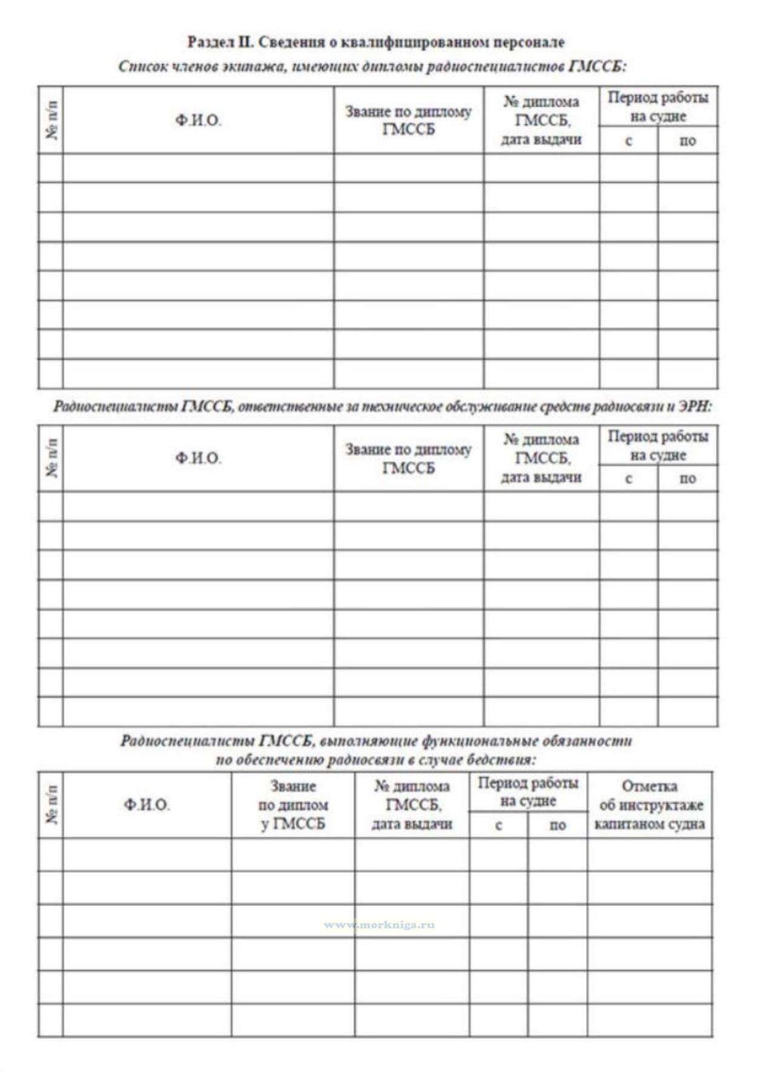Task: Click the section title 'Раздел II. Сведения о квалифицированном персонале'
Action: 375,42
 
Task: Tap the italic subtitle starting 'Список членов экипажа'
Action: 372,66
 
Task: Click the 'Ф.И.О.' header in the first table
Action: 198,121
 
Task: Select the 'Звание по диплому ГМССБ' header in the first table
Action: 408,121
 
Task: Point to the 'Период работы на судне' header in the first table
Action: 658,107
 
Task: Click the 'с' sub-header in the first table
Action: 629,141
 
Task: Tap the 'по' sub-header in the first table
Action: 687,141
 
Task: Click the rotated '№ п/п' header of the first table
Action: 51,120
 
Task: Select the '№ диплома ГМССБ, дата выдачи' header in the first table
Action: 541,121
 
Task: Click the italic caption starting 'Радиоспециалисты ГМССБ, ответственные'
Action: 382,406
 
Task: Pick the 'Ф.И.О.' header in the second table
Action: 198,458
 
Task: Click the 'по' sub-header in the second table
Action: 687,479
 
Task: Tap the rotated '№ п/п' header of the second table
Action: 51,458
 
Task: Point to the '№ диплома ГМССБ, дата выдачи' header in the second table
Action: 541,458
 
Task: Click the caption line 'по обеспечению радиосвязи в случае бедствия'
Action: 375,759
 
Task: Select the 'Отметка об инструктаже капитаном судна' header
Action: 649,805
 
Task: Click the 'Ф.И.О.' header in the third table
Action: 147,805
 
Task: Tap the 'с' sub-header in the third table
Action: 498,826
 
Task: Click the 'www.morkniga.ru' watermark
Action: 379,925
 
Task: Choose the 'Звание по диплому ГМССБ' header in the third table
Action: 293,805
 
